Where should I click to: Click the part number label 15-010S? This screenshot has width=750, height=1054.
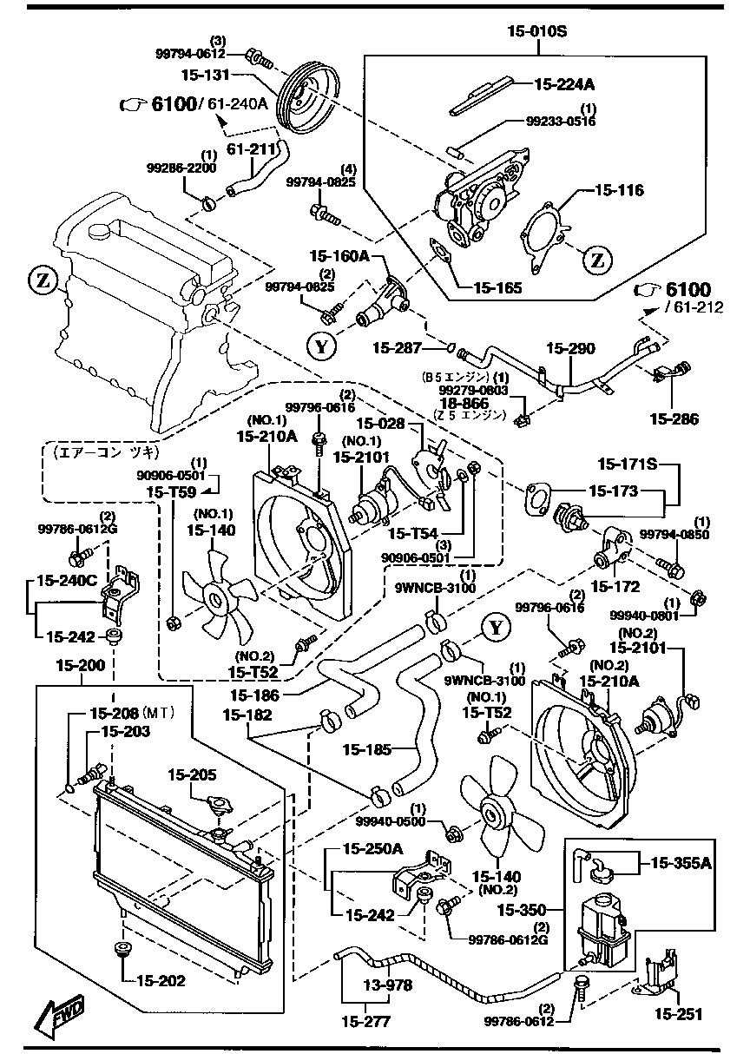click(536, 33)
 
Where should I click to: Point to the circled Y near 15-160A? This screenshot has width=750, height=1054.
click(321, 346)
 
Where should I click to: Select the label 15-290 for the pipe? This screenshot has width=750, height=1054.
click(570, 349)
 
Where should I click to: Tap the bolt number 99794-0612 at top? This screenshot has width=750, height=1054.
click(189, 54)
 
